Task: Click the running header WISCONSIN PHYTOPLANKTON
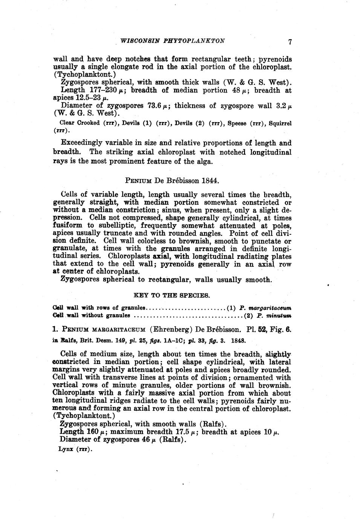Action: click(172, 41)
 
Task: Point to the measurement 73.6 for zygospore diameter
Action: click(148, 106)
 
